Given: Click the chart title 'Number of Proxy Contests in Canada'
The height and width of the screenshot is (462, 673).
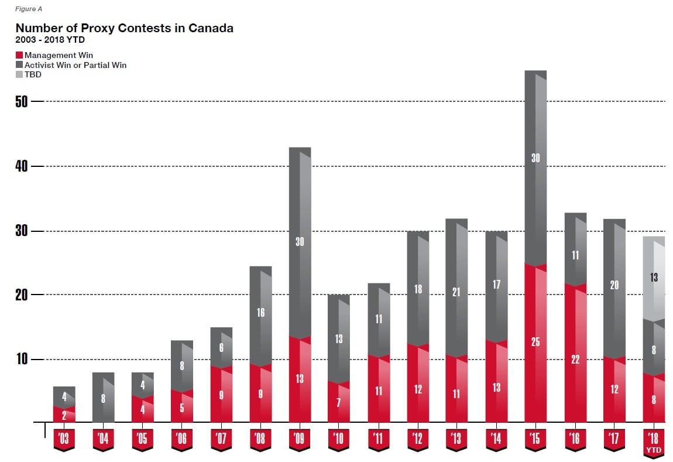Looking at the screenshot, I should click(124, 28).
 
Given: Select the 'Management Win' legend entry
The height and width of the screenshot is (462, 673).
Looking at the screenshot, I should click(58, 55).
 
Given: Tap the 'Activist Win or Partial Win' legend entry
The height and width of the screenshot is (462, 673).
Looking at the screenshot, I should click(75, 65).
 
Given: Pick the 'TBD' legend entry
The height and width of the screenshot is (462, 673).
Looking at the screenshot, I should click(33, 74).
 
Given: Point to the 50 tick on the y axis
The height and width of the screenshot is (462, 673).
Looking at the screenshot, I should click(22, 102).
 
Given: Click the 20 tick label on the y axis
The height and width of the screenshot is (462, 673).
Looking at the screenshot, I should click(22, 295).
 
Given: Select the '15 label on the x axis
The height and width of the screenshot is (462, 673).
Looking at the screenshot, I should click(535, 439).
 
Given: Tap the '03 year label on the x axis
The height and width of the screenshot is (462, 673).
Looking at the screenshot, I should click(64, 439).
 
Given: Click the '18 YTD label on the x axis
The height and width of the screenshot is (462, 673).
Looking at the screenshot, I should click(654, 440).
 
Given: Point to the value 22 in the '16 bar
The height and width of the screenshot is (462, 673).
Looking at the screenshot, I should click(575, 360).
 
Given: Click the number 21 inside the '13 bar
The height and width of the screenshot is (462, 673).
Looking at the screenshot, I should click(456, 292).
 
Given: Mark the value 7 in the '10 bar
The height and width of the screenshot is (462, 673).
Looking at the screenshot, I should click(339, 402).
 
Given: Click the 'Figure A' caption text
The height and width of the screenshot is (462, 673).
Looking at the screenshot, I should click(29, 9).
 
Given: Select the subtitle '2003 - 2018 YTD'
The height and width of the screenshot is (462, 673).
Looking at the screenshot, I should click(50, 40).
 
